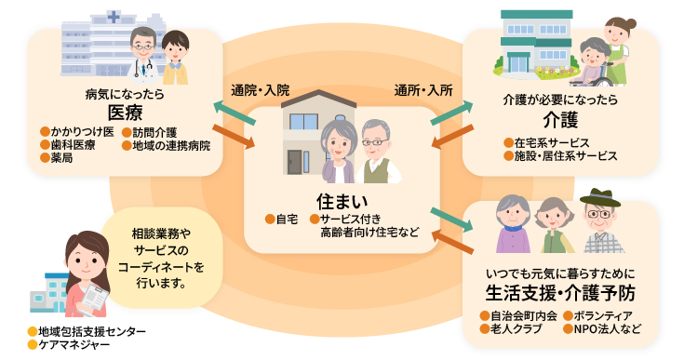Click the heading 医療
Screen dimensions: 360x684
point(125,113)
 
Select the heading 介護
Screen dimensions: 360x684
point(561,118)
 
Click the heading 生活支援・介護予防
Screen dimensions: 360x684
point(560,293)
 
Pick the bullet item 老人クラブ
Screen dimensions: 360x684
point(516,328)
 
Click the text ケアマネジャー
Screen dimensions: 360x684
point(74,345)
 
